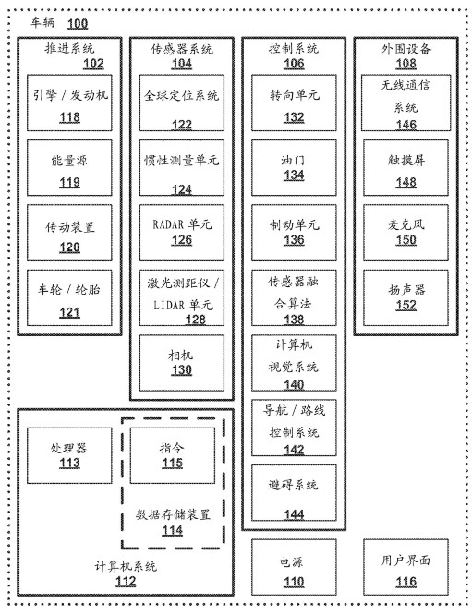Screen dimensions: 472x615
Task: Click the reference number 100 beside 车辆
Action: [78, 23]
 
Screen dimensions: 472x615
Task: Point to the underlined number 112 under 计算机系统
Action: [126, 581]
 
